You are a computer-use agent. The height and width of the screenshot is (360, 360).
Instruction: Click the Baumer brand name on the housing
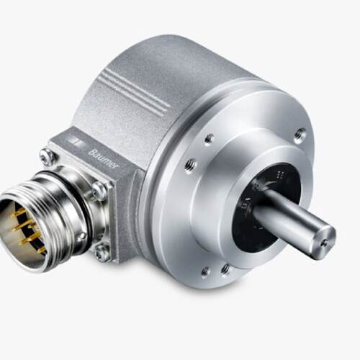click(x=104, y=159)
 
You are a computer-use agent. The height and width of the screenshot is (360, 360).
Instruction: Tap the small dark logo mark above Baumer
click(x=74, y=142)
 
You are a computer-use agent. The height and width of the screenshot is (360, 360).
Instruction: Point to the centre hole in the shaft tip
click(x=325, y=243)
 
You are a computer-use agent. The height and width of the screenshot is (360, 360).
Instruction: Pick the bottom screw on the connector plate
click(x=102, y=251)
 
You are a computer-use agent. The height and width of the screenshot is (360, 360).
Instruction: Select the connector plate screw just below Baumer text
click(x=99, y=190)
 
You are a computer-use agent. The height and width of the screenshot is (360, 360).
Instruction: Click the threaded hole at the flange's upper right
click(x=300, y=135)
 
